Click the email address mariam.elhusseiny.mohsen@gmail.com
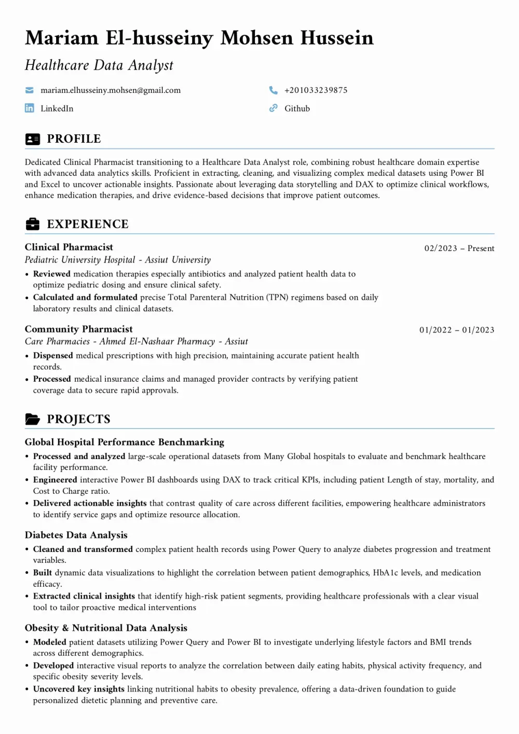[x=111, y=90]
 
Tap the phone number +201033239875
[x=316, y=90]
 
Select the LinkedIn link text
[x=57, y=108]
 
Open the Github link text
[x=297, y=108]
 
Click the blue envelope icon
[x=30, y=90]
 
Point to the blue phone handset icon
[x=274, y=90]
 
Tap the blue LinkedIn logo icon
[x=30, y=108]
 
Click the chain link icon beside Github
[x=274, y=108]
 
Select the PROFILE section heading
[x=74, y=139]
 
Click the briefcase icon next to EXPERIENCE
[x=32, y=224]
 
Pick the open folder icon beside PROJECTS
[x=32, y=419]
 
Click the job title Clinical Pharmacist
[x=69, y=247]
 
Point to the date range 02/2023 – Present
[x=459, y=248]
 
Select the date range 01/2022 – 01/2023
[x=457, y=330]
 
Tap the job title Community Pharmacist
[x=78, y=329]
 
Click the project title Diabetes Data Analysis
[x=76, y=535]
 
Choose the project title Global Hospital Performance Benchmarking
[x=125, y=442]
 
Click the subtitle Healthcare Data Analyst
[x=99, y=65]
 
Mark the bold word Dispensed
[x=53, y=356]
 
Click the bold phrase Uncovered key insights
[x=79, y=689]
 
